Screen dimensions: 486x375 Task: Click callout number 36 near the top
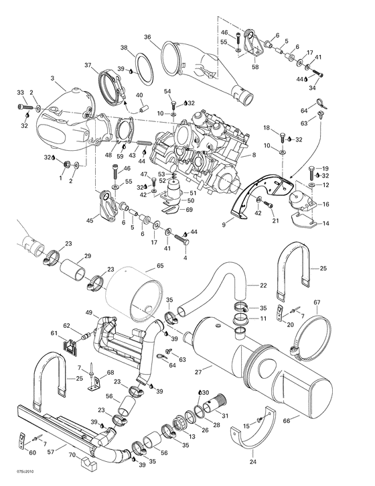[147, 37]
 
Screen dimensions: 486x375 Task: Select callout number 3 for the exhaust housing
[53, 78]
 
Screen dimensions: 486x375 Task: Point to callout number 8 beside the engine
[254, 156]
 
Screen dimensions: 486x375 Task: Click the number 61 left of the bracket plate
[54, 332]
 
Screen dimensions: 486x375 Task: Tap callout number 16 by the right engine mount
[326, 204]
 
